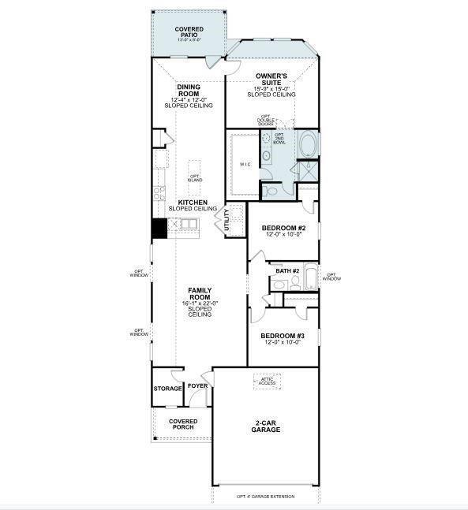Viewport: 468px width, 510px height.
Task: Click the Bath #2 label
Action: click(287, 270)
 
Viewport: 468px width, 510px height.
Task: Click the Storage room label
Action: click(168, 389)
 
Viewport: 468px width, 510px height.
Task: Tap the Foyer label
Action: click(197, 386)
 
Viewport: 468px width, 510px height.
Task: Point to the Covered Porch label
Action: click(183, 424)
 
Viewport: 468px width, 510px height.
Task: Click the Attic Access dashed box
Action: click(266, 382)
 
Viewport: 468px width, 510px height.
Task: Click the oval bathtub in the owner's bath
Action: click(308, 147)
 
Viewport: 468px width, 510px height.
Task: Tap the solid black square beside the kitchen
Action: click(159, 228)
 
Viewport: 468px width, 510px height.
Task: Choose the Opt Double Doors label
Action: click(266, 121)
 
